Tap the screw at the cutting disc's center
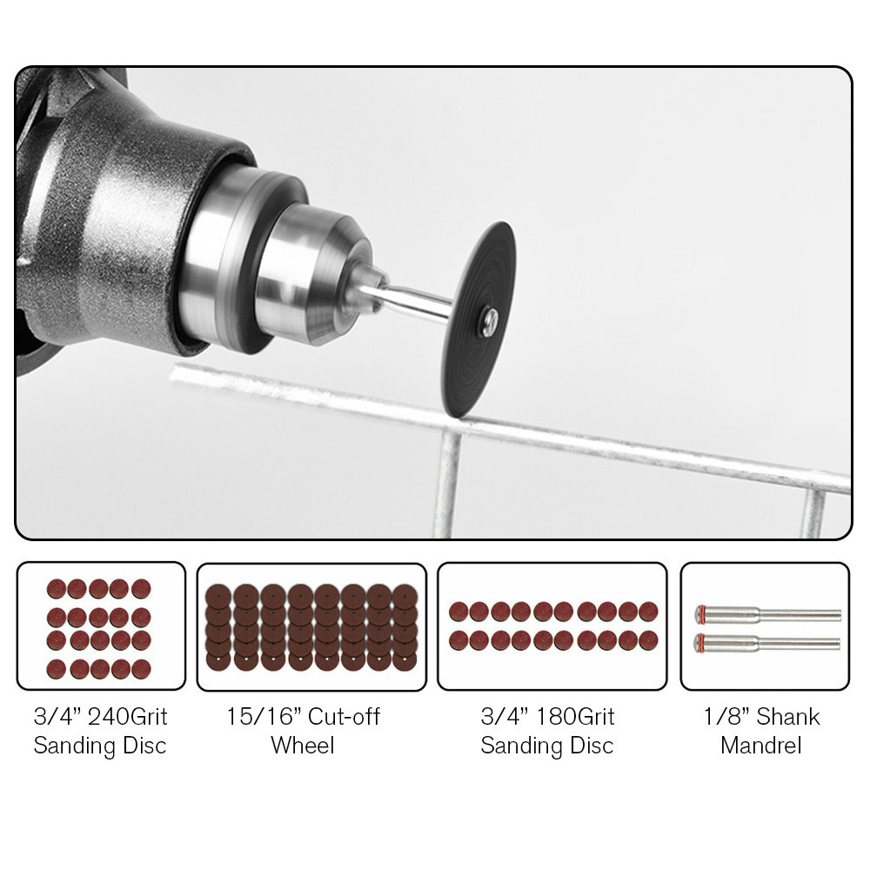489,321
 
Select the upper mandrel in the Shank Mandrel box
768,614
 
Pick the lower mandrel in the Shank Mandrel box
767,643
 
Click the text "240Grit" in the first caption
128,716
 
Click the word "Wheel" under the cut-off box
303,746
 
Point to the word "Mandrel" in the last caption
761,746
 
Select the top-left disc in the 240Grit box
57,589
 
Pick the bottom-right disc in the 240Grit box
141,669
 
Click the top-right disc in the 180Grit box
648,612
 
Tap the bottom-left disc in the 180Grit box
458,640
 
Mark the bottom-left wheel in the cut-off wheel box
218,659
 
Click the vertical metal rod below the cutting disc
447,484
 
